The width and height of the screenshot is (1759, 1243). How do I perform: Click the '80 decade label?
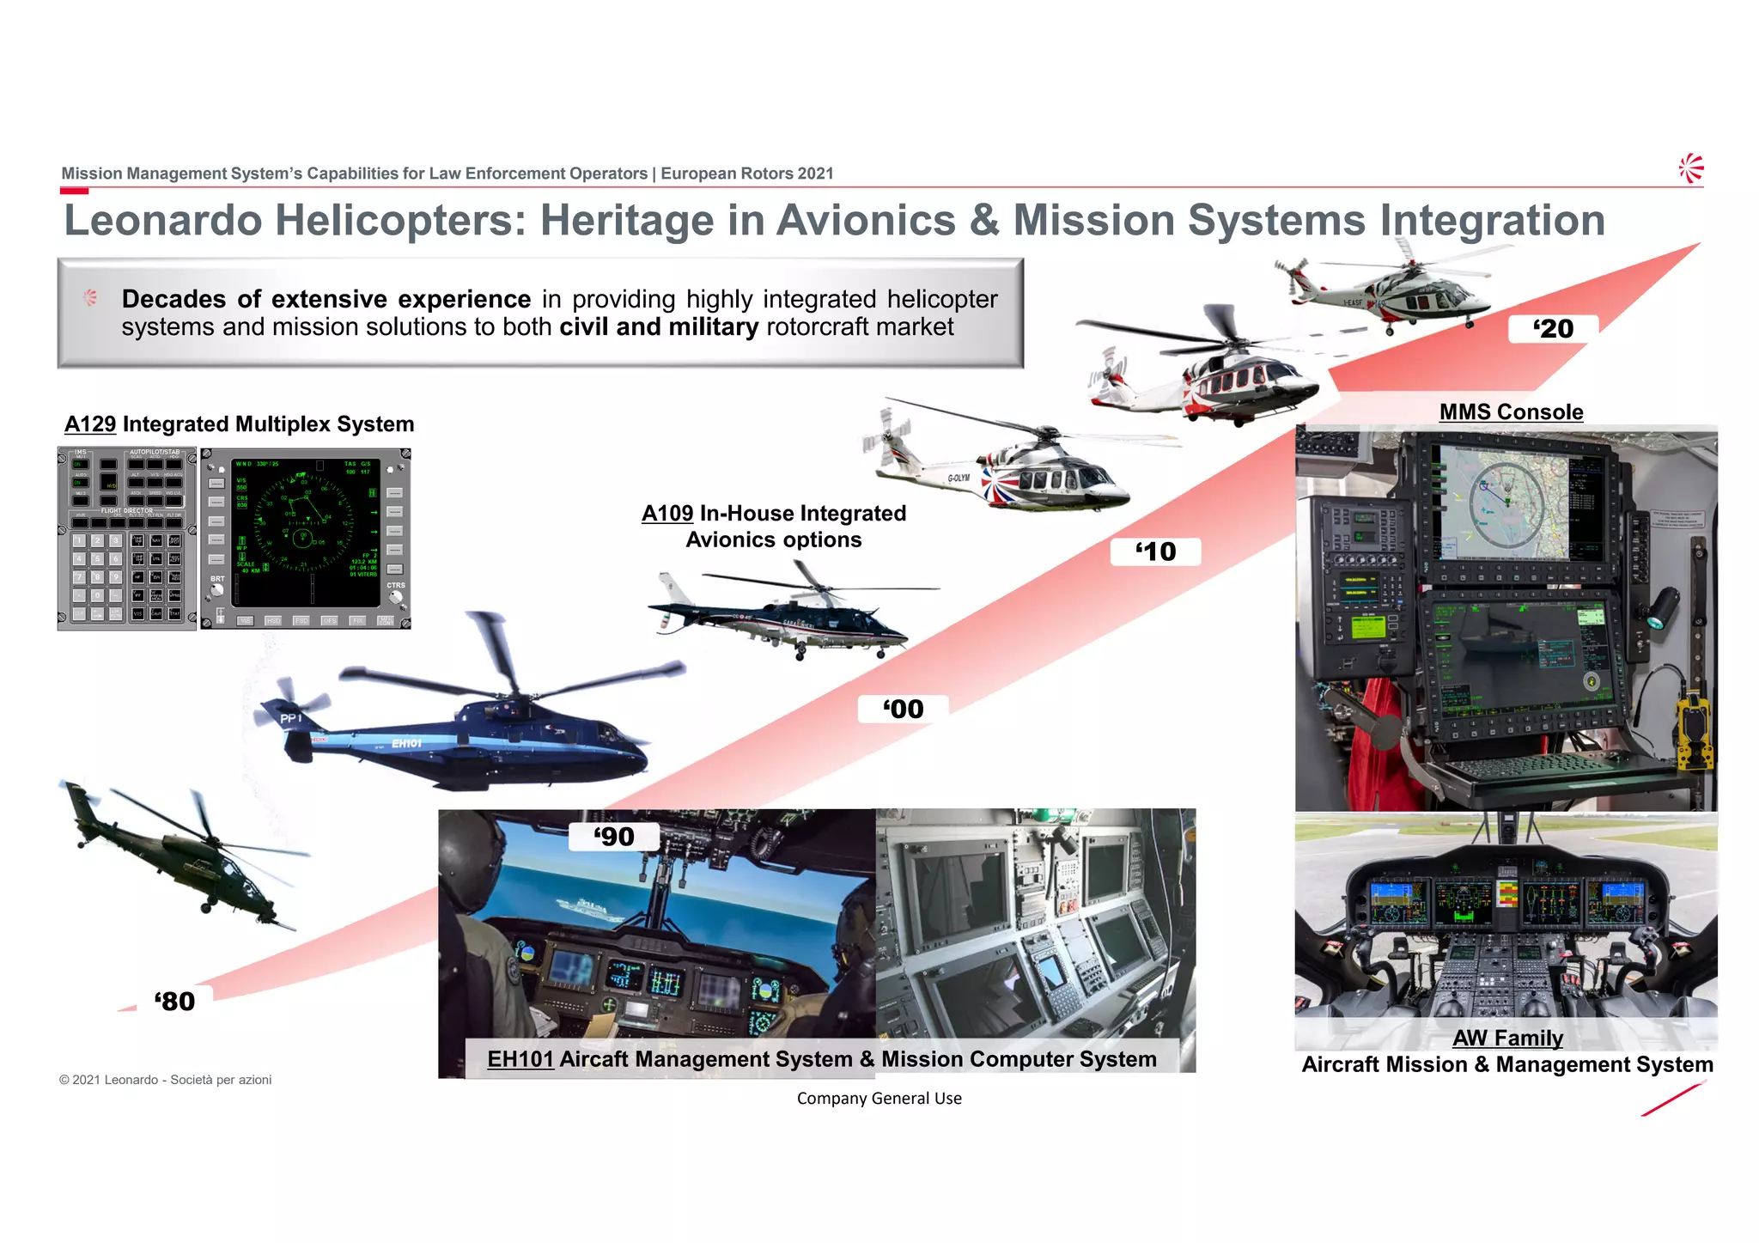click(x=175, y=1001)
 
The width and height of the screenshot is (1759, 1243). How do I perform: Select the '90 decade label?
click(x=614, y=837)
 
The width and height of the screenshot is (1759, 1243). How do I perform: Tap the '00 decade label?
click(x=903, y=710)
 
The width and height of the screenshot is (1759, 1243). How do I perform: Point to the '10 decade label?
click(x=1155, y=551)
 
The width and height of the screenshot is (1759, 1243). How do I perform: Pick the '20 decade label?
click(x=1553, y=329)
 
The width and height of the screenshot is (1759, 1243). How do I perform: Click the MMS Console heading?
click(x=1511, y=412)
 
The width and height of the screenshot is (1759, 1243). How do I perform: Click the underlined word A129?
click(x=90, y=424)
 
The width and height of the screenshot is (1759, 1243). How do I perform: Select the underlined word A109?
click(x=667, y=514)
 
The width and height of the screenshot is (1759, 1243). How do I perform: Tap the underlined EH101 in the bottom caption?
click(x=520, y=1059)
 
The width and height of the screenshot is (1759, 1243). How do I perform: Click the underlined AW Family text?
click(x=1507, y=1039)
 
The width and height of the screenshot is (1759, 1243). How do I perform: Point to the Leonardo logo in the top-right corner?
click(x=1691, y=168)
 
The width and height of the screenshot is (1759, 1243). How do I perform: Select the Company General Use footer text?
click(x=879, y=1099)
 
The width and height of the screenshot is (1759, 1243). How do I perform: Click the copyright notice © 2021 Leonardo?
click(x=165, y=1080)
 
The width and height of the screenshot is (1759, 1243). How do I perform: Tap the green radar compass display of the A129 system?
click(x=304, y=533)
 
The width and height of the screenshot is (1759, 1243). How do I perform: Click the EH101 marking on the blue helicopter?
click(x=406, y=743)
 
